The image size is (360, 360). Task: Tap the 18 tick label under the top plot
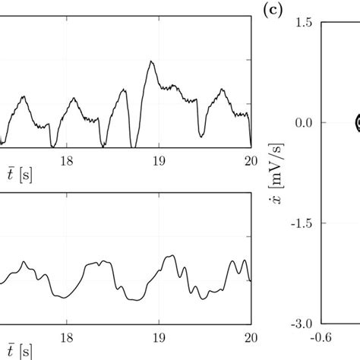(x=67, y=160)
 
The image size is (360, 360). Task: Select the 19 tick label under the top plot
(x=159, y=160)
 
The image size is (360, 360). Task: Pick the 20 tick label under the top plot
(x=250, y=160)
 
